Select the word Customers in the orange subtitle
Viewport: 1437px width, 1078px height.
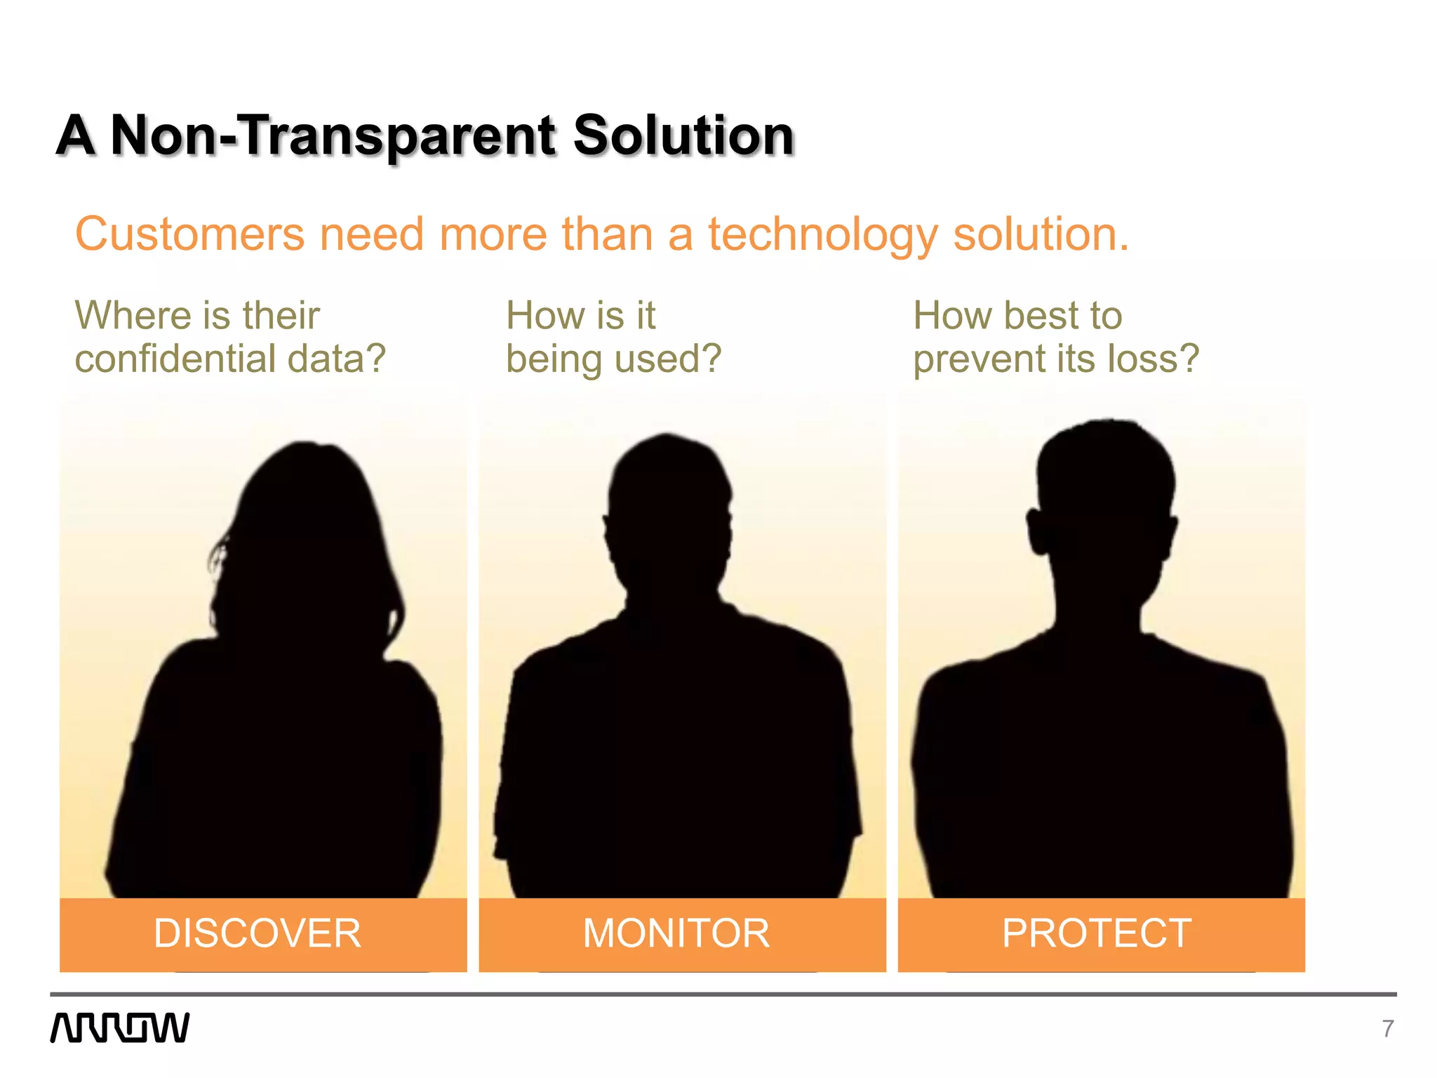189,234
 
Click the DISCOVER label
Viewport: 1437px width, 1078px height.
258,933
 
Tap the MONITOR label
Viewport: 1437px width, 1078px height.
676,933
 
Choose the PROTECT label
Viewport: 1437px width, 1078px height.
1097,933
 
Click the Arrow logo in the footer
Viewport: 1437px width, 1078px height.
120,1027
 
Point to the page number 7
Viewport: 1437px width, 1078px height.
1387,1029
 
